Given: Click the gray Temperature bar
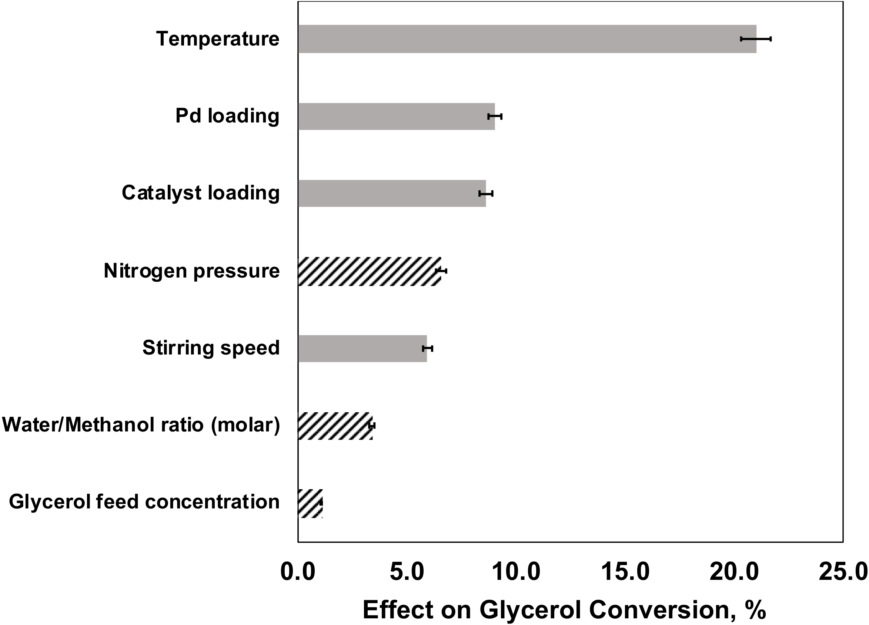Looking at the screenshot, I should point(527,39).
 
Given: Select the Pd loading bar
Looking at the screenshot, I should point(396,117).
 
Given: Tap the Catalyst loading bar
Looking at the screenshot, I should point(392,194).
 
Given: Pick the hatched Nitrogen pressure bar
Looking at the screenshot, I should point(369,271).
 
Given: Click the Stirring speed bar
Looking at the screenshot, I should point(362,349).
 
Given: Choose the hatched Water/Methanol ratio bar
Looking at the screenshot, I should point(334,426).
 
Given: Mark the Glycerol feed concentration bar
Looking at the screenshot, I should point(310,503).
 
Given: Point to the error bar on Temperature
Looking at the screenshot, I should point(756,39).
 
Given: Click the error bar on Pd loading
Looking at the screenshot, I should point(495,117).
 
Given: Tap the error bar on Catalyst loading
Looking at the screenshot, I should point(485,194).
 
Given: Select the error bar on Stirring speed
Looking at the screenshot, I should point(427,348).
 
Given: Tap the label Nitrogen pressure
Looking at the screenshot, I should point(191,271).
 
